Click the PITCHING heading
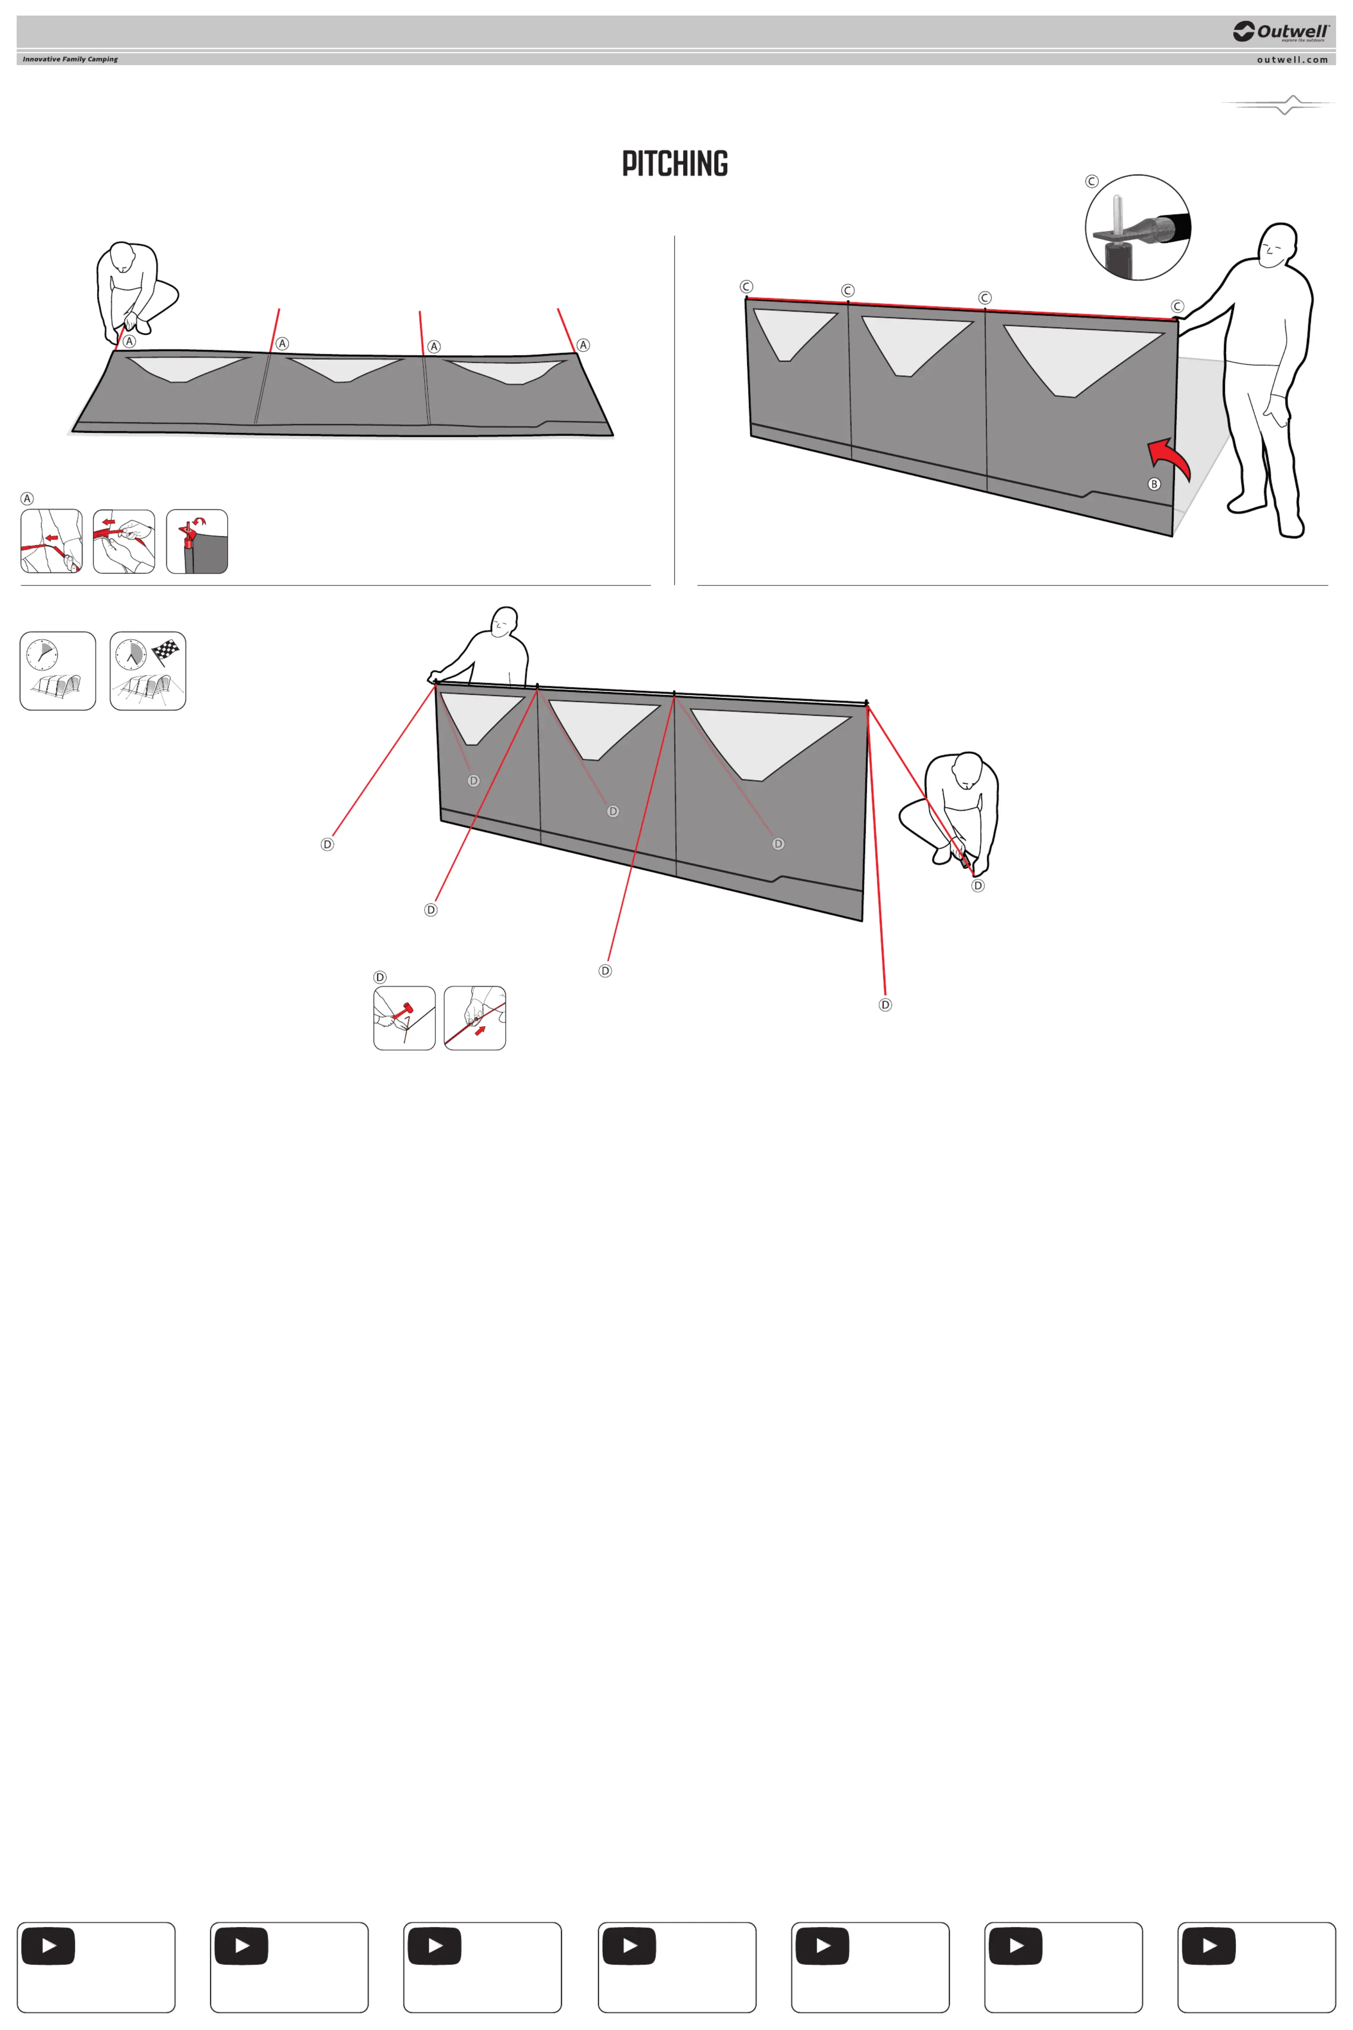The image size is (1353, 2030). tap(675, 164)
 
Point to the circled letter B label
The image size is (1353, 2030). tap(1153, 484)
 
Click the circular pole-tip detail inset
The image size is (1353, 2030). tap(1137, 227)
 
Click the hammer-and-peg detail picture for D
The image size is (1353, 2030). tap(404, 1017)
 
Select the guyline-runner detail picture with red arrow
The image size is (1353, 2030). tap(475, 1017)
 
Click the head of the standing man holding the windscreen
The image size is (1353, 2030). tap(1277, 246)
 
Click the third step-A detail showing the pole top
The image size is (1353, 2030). tap(197, 541)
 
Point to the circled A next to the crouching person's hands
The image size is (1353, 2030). tap(129, 342)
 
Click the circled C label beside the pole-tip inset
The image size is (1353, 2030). tap(1092, 181)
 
